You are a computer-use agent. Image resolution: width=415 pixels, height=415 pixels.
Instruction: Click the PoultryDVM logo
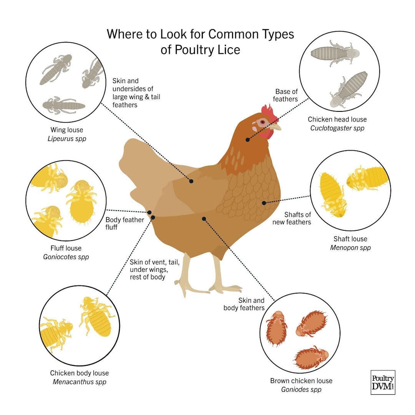(383, 382)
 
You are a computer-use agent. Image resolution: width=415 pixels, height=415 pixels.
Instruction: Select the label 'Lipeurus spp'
(67, 139)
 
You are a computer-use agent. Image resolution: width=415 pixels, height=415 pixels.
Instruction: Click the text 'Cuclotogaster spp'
(337, 128)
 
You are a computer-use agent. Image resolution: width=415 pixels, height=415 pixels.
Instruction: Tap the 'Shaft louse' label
(350, 239)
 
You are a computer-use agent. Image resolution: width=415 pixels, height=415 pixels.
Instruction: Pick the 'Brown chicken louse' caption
(301, 381)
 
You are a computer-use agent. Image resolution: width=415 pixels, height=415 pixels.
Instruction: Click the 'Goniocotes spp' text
(66, 257)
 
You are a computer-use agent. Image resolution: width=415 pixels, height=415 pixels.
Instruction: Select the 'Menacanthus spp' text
(79, 382)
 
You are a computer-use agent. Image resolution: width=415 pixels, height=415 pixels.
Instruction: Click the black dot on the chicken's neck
(248, 139)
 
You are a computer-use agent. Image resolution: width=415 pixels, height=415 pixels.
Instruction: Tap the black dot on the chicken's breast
(264, 203)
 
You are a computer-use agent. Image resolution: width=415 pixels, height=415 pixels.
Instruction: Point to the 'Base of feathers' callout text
(286, 95)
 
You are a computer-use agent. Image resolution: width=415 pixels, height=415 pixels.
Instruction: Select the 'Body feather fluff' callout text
(124, 223)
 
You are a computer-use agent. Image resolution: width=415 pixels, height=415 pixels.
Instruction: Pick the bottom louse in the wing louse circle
(63, 105)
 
